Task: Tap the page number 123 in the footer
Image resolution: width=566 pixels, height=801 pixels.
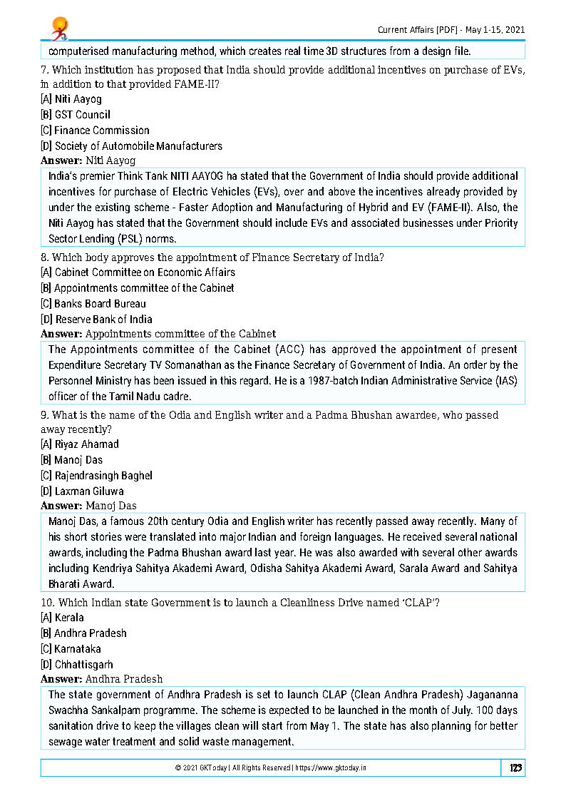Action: (x=515, y=768)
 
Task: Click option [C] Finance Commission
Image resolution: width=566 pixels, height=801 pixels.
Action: (x=95, y=131)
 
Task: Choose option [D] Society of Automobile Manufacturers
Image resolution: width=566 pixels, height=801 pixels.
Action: (x=131, y=146)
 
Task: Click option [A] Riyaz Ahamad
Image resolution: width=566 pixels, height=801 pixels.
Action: (x=80, y=444)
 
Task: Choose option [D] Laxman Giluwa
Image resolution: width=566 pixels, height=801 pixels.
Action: (x=82, y=491)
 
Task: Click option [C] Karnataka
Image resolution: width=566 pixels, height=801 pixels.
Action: (x=71, y=649)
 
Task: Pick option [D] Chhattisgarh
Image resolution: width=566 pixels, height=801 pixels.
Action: (x=77, y=665)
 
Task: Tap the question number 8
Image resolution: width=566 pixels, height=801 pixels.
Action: (x=44, y=257)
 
